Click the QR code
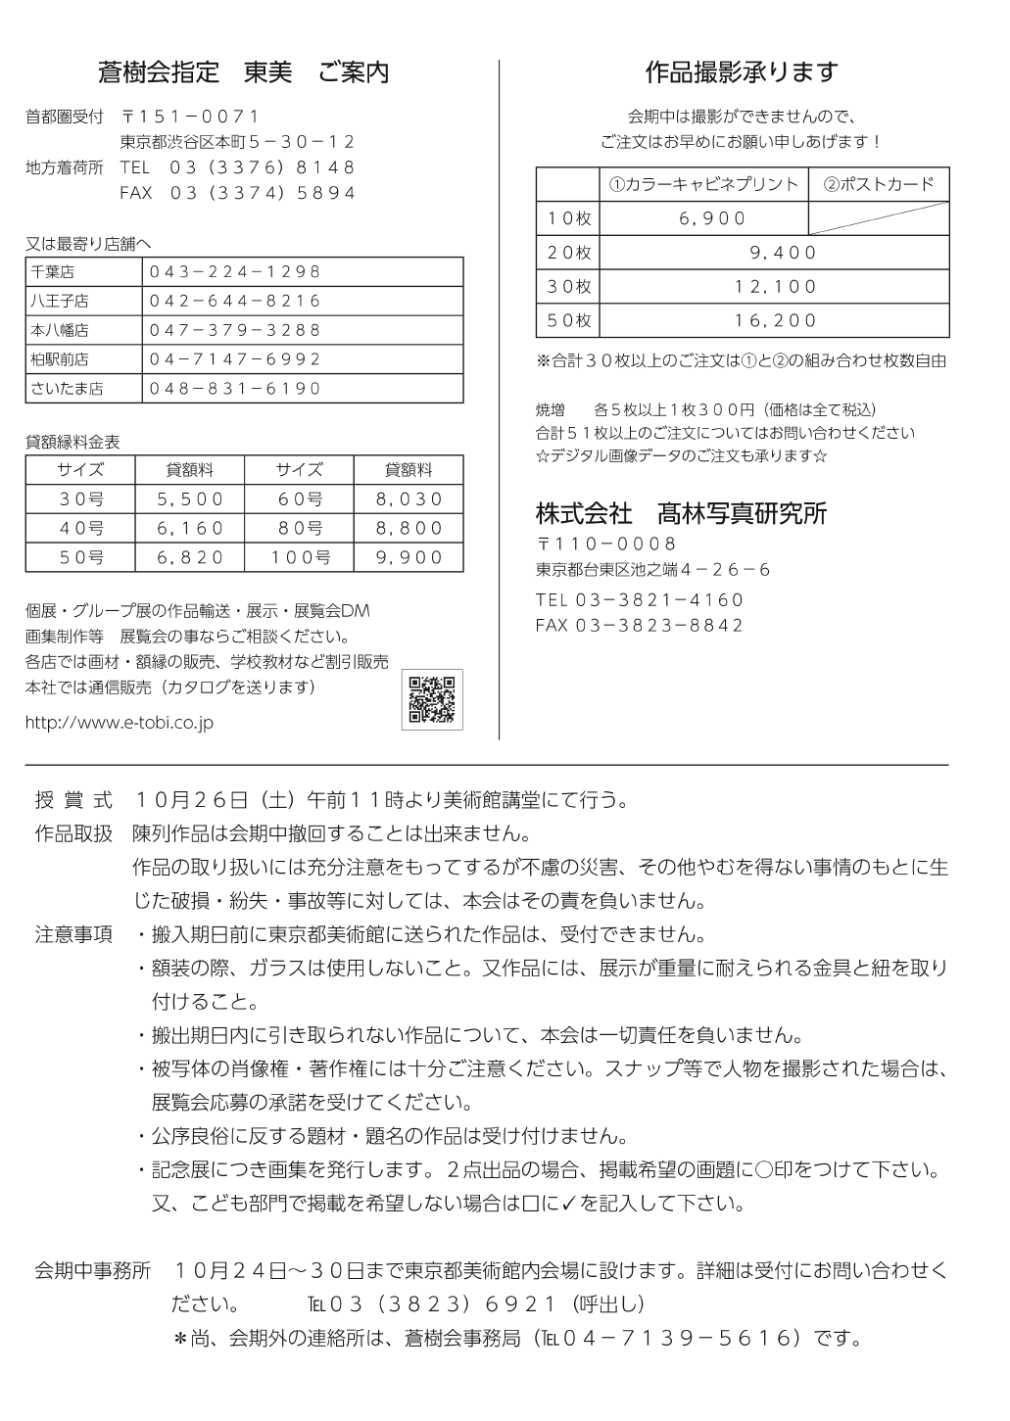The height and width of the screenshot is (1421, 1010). (x=432, y=699)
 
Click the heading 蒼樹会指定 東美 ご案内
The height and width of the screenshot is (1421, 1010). (x=243, y=72)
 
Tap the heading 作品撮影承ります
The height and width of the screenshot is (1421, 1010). (x=742, y=72)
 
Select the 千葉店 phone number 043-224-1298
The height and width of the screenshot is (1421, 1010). (x=235, y=271)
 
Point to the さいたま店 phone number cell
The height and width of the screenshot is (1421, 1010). (x=235, y=389)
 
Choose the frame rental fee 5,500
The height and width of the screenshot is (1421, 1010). (x=191, y=499)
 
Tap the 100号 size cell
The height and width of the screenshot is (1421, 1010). (x=301, y=557)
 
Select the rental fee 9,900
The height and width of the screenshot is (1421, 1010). (x=409, y=557)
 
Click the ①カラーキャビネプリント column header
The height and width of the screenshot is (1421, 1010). (x=703, y=184)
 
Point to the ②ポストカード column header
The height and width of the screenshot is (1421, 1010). (x=879, y=184)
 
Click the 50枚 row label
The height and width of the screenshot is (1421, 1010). (x=568, y=320)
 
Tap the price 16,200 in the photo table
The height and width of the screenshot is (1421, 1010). (x=776, y=320)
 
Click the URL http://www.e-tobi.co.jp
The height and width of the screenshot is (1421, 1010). (x=119, y=723)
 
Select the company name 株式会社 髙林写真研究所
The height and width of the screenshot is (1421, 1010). (x=681, y=512)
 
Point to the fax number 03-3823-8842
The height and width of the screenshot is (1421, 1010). (x=640, y=626)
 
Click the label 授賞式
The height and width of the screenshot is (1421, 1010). (x=73, y=800)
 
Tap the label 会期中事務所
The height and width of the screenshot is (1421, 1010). (x=93, y=1271)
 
